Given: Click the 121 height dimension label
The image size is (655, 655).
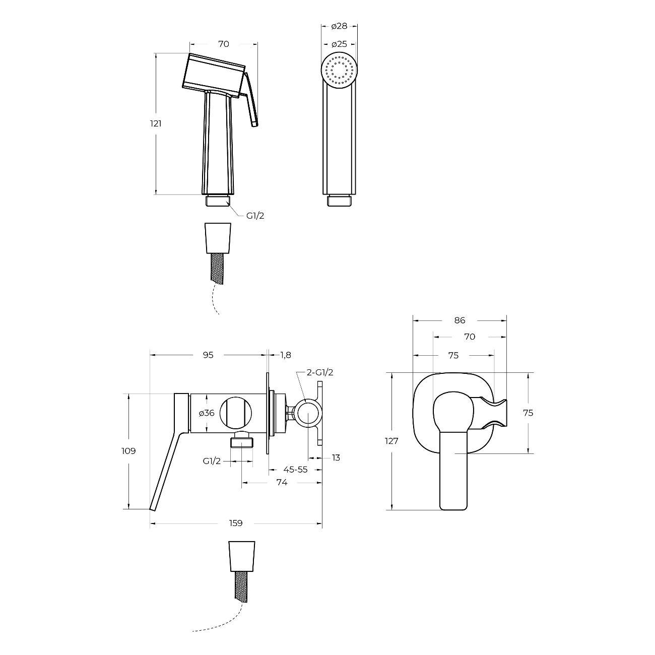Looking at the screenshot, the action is (156, 123).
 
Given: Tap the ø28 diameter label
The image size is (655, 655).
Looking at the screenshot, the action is (339, 26).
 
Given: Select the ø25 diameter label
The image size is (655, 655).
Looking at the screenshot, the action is (339, 44).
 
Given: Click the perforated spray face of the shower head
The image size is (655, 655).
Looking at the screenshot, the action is (339, 71).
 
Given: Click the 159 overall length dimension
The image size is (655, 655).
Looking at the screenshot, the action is (236, 523).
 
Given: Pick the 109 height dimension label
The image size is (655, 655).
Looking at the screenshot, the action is (128, 451).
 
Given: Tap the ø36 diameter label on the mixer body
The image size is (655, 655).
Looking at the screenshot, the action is (207, 413).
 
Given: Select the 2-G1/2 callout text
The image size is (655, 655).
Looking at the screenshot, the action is (320, 372).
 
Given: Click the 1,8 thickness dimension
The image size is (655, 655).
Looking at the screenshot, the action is (286, 355).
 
